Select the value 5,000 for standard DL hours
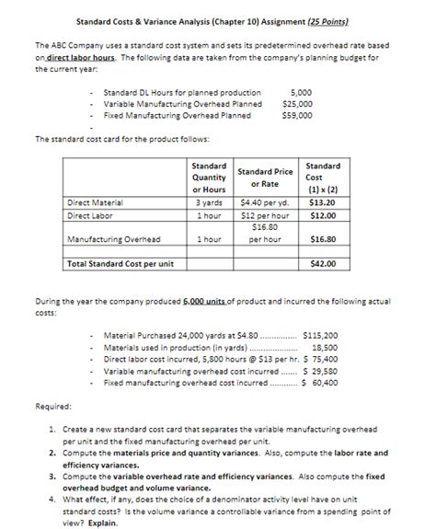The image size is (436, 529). point(301,93)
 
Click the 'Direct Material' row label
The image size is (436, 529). point(97,202)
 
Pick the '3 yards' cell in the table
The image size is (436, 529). point(211,202)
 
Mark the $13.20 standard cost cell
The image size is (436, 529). point(322,202)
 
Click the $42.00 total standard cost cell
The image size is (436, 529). point(322,263)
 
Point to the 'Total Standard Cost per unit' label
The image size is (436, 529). point(120,263)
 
